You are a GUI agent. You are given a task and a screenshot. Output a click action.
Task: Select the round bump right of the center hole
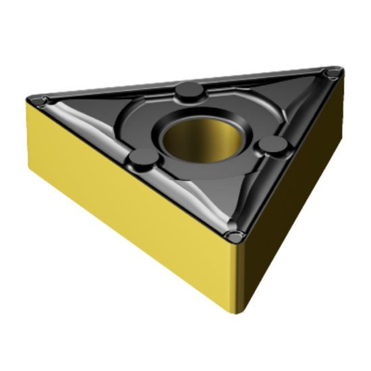click(x=273, y=144)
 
